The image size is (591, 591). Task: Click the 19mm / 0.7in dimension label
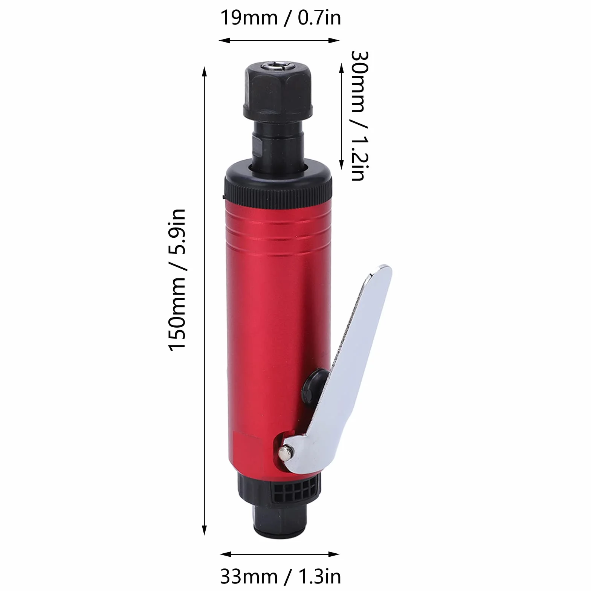click(280, 18)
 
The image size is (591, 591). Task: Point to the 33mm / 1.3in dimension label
click(280, 577)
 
